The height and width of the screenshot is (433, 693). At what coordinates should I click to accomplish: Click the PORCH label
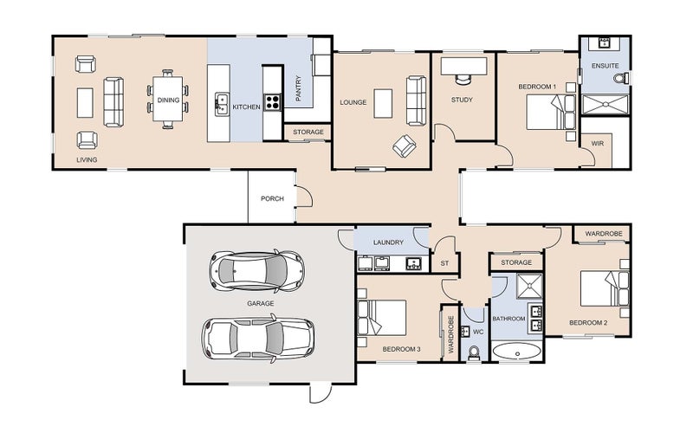[272, 199]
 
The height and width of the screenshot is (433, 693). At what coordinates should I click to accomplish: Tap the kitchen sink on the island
[222, 104]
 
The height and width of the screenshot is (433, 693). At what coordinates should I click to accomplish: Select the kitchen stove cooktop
[272, 102]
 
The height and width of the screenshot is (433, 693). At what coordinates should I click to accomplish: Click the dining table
[168, 99]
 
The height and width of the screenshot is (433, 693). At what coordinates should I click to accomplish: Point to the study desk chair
[463, 79]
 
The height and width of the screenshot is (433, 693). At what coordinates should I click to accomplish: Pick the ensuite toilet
[621, 78]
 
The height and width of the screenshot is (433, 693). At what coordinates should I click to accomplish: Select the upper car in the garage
[256, 271]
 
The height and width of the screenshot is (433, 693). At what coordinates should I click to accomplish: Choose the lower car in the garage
[258, 337]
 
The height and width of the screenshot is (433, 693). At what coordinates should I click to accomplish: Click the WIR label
[597, 144]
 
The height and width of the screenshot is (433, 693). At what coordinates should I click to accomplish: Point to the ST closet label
[444, 263]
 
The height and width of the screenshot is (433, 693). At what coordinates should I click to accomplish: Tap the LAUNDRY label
[388, 242]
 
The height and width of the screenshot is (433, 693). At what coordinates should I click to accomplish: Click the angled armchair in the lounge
[405, 145]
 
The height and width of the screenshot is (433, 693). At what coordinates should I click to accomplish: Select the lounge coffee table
[383, 103]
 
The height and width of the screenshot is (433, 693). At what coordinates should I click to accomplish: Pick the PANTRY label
[298, 88]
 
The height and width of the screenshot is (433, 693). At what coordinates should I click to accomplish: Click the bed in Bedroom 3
[382, 318]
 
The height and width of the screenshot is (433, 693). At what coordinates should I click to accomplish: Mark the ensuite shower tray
[605, 105]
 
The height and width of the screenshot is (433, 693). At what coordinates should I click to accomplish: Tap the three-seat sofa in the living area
[113, 102]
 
